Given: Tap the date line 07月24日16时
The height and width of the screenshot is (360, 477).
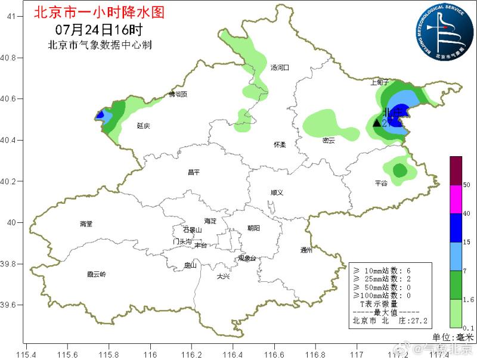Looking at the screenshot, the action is [99, 29].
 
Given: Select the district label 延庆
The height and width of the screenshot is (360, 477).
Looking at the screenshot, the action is [143, 126].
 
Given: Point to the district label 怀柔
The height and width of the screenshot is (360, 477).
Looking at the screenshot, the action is [280, 145].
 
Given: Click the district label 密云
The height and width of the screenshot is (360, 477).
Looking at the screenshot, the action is [329, 141].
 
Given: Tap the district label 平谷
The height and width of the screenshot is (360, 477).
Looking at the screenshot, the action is [381, 184].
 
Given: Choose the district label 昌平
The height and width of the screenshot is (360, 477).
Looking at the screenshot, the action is [194, 172].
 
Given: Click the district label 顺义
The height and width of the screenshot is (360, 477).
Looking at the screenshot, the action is [276, 193].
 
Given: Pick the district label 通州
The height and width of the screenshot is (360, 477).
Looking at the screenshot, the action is [306, 250].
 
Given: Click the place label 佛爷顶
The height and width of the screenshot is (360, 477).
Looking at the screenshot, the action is [177, 94].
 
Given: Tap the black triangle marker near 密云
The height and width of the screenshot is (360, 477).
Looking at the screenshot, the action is [377, 123].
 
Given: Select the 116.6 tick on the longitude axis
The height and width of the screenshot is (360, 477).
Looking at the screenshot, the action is [274, 352].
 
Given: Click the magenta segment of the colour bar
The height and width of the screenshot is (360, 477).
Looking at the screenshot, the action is [456, 199].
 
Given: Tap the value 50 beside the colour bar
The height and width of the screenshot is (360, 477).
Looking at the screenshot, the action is [467, 185].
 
